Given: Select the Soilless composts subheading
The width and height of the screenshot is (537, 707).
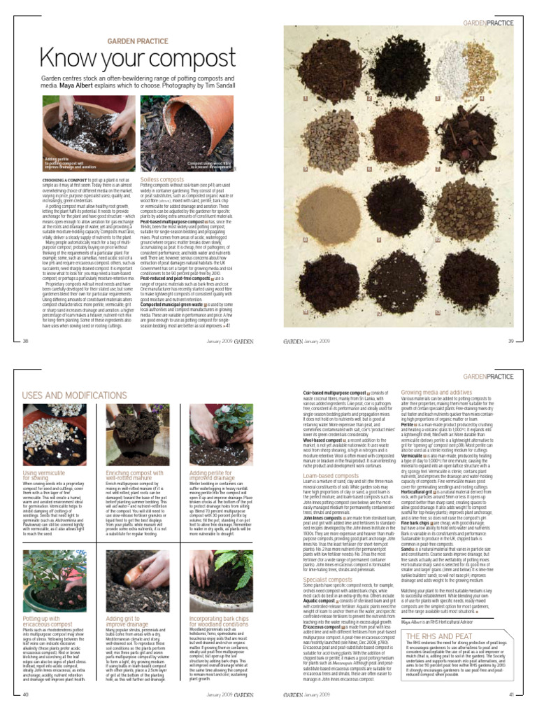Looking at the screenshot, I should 162,180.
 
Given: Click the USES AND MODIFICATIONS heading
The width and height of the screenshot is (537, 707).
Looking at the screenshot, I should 74,395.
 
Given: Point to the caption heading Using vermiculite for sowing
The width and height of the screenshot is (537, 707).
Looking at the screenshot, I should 44,475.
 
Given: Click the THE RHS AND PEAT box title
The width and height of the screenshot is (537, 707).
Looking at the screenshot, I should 440,636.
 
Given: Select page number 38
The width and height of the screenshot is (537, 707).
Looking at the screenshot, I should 26,341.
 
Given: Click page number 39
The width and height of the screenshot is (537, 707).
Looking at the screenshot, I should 510,341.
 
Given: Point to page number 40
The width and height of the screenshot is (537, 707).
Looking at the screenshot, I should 26,694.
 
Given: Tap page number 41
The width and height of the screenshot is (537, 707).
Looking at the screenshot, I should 511,694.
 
